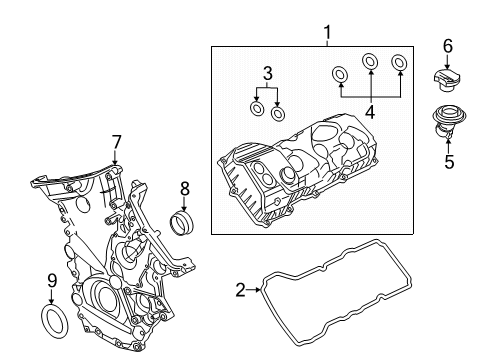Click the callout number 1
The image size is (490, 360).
[x=328, y=32]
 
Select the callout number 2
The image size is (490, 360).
[x=241, y=290]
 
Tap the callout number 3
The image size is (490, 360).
[x=267, y=74]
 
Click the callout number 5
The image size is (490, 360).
[x=449, y=162]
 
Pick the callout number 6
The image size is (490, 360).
[x=448, y=46]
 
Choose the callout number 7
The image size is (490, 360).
[x=116, y=142]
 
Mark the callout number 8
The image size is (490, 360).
[x=184, y=188]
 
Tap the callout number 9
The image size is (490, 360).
[x=52, y=281]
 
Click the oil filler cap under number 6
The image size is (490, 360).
[x=446, y=80]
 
